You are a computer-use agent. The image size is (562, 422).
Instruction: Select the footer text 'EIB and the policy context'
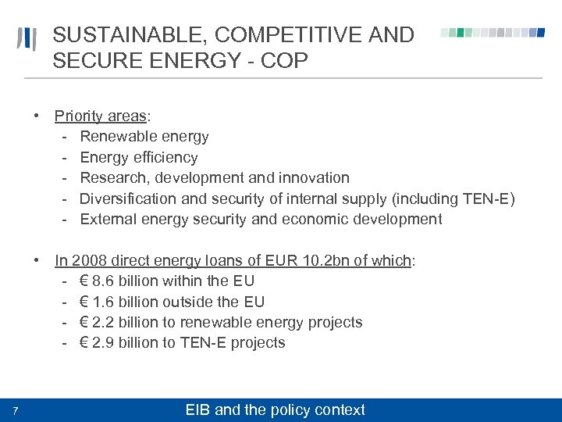click(x=274, y=409)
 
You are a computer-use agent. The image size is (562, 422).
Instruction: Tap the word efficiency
click(x=163, y=157)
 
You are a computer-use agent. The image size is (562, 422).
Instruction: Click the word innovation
click(x=311, y=178)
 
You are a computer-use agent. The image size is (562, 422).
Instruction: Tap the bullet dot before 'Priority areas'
click(x=37, y=116)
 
